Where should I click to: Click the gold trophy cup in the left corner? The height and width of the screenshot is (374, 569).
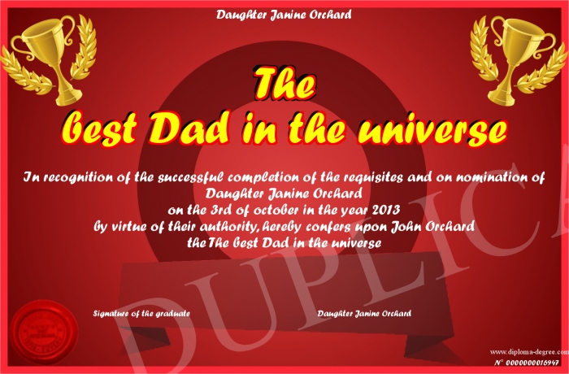pos(50,58)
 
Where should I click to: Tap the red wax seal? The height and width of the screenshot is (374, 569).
pos(44,332)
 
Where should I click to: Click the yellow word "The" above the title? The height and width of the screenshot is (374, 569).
pos(284,83)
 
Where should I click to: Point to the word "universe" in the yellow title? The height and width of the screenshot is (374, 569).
pos(432,129)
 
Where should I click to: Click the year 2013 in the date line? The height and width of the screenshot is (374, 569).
pos(386,210)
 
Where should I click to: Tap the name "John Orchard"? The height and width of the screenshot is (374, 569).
pos(432,226)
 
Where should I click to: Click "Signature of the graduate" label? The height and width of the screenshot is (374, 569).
pos(141,313)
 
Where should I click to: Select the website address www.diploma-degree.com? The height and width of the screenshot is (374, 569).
pos(529,352)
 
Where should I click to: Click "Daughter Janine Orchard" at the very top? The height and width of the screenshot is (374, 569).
pos(284,15)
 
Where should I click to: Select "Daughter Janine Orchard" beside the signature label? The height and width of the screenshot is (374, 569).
pos(364,313)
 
